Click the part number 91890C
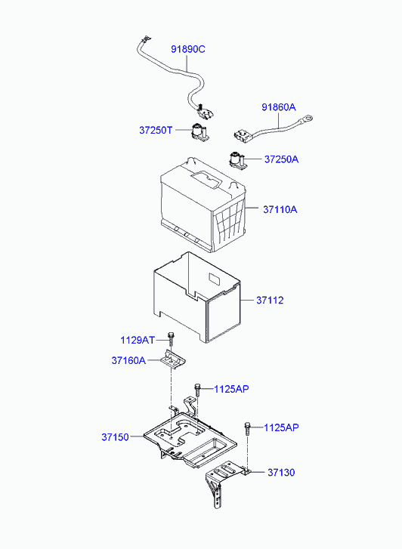188,49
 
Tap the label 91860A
279,107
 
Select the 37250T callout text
156,130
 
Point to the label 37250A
281,159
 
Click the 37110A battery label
280,210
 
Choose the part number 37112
270,301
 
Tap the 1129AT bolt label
138,340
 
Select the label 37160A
128,360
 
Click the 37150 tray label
116,437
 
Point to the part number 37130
281,472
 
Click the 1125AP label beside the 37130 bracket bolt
281,427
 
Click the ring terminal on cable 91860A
306,119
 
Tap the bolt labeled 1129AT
171,339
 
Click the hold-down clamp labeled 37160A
173,359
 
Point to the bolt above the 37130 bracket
247,428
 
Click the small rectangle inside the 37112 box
214,279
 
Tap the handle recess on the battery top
206,180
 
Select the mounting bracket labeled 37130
224,483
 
